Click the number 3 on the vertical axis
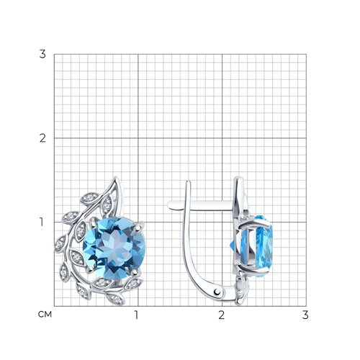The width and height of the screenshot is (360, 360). (x=42, y=54)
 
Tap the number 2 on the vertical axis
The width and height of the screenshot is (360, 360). (x=42, y=138)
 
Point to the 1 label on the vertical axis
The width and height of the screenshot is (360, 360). (x=42, y=222)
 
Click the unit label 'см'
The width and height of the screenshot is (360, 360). (x=45, y=315)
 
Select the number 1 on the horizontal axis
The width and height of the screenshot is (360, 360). (x=137, y=315)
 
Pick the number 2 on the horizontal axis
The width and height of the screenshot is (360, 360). (x=221, y=315)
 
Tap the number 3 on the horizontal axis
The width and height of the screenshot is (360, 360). (x=305, y=315)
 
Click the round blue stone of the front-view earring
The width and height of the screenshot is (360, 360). (x=114, y=248)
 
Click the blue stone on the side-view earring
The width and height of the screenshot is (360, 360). (x=258, y=246)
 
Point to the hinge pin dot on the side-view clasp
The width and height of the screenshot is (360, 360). (x=217, y=292)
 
